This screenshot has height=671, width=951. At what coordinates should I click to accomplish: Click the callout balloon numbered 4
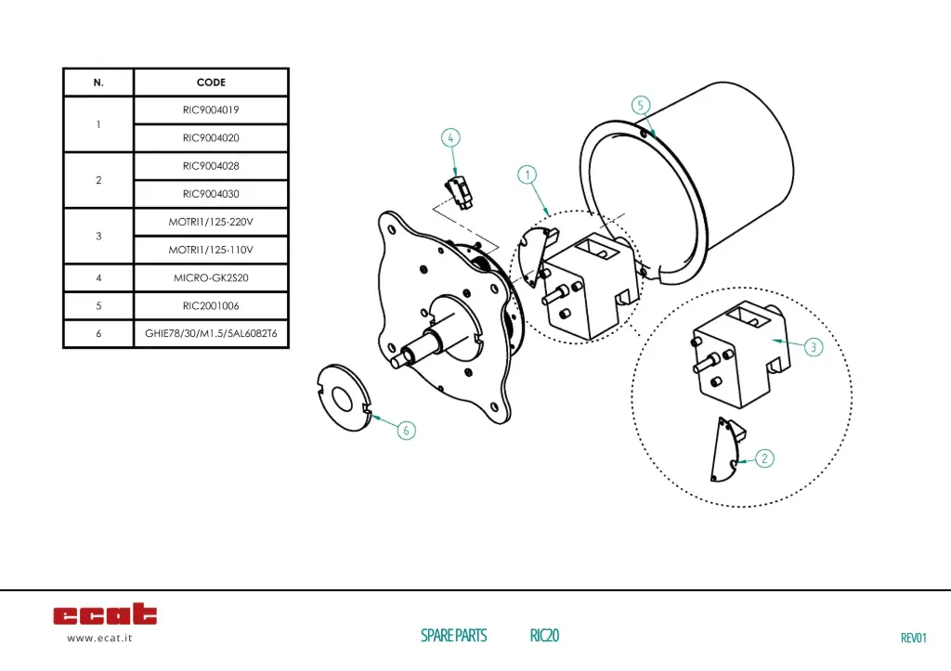click(450, 138)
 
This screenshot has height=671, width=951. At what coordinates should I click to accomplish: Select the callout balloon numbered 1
click(527, 174)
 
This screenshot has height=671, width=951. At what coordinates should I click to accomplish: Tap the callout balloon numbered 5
click(640, 105)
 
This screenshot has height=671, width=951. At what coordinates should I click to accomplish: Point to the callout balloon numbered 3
click(813, 347)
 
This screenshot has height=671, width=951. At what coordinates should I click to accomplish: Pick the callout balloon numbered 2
click(763, 458)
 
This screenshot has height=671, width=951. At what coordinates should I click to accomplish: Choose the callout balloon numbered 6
click(407, 430)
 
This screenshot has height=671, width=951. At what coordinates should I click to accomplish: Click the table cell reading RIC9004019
click(211, 110)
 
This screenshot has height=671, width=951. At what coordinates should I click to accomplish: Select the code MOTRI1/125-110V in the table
click(211, 250)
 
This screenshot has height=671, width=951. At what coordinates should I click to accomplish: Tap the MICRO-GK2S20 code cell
click(211, 277)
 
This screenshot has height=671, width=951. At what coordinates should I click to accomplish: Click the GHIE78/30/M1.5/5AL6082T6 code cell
click(211, 333)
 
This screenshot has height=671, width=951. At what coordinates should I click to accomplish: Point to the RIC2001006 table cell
click(211, 305)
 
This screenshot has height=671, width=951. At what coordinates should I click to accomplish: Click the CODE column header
click(211, 83)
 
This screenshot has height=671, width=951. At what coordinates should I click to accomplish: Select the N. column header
click(98, 83)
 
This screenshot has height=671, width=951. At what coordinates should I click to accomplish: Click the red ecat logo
click(105, 614)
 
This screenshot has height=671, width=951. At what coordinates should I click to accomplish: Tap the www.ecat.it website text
click(99, 639)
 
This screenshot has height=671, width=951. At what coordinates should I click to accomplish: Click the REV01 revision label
click(913, 638)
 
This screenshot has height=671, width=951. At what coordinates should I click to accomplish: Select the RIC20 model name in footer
click(544, 636)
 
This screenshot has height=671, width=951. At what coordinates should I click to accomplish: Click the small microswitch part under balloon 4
click(461, 188)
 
